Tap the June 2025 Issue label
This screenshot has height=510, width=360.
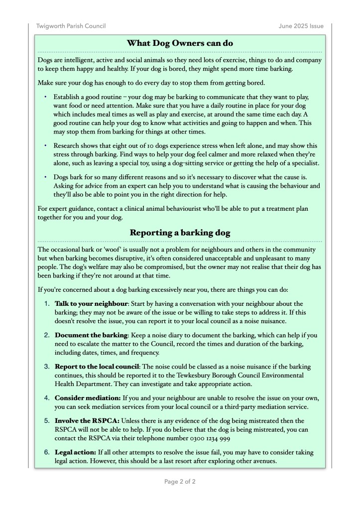point(301,26)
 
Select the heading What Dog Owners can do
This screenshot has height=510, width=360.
point(180,43)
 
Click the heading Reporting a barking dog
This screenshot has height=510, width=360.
point(180,233)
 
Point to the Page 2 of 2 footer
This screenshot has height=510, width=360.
point(180,482)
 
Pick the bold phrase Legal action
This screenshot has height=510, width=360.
point(75,452)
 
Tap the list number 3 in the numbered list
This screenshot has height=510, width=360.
point(47,367)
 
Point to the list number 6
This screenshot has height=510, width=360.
point(47,452)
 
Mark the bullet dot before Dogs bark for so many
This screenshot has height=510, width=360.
point(45,177)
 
